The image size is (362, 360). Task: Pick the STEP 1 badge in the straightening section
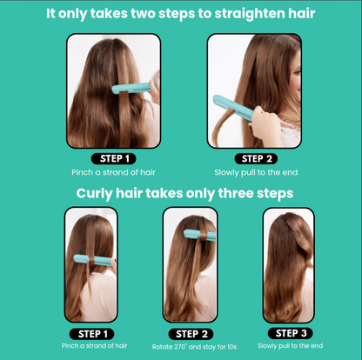click(x=115, y=158)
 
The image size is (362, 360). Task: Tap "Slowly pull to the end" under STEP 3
click(x=289, y=346)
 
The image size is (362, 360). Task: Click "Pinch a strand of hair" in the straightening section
click(x=115, y=172)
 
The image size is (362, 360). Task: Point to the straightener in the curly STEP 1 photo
click(x=84, y=256)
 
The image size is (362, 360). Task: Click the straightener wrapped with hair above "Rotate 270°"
click(x=198, y=234)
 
